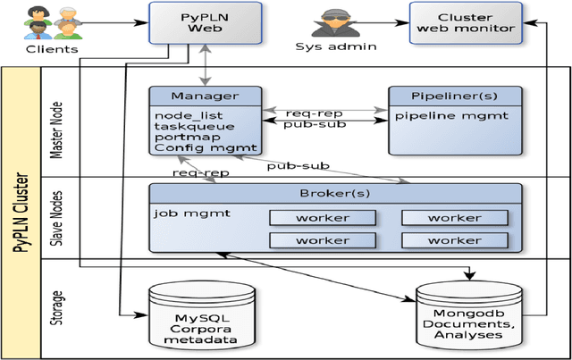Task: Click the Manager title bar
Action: [x=206, y=95]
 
